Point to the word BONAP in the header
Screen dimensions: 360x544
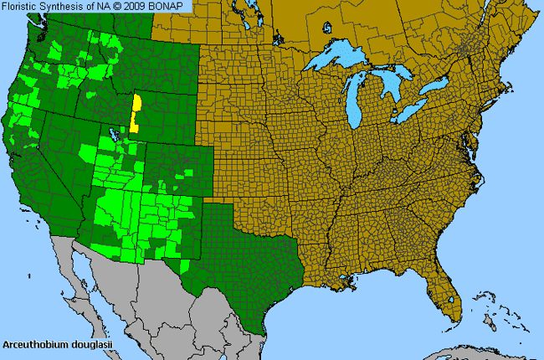pyautogui.click(x=176, y=7)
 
